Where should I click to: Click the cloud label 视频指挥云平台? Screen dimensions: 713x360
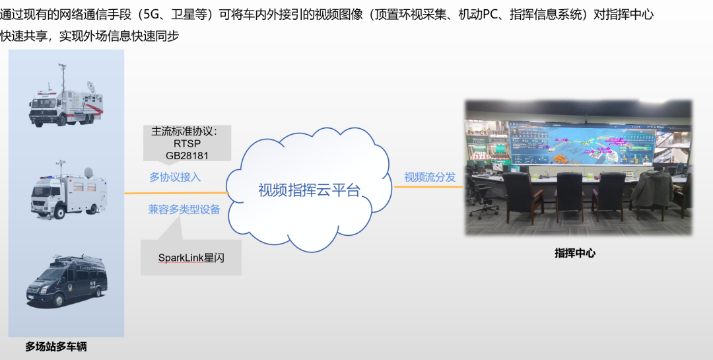coord(309,190)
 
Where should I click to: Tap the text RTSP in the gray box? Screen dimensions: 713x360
coord(187,144)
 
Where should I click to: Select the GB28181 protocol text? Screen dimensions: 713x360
coord(187,156)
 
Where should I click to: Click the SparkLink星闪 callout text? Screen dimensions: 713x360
coord(191,258)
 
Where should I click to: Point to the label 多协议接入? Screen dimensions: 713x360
coord(175,177)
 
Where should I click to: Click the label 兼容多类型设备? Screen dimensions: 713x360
coord(184,209)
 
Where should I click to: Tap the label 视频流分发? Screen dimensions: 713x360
coord(430,177)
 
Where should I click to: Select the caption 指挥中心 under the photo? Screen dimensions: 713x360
coord(575,253)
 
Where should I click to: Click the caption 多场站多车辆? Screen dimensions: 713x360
coord(56,347)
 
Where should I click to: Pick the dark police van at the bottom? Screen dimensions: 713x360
coord(67,281)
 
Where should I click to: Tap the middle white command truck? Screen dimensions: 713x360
coord(68,191)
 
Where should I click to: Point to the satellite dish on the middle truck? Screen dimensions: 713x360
coord(88,172)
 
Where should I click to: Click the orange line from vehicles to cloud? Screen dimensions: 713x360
coord(176,193)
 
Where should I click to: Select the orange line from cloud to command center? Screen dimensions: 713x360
coord(428,186)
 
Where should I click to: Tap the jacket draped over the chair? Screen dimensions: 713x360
coord(651,188)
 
